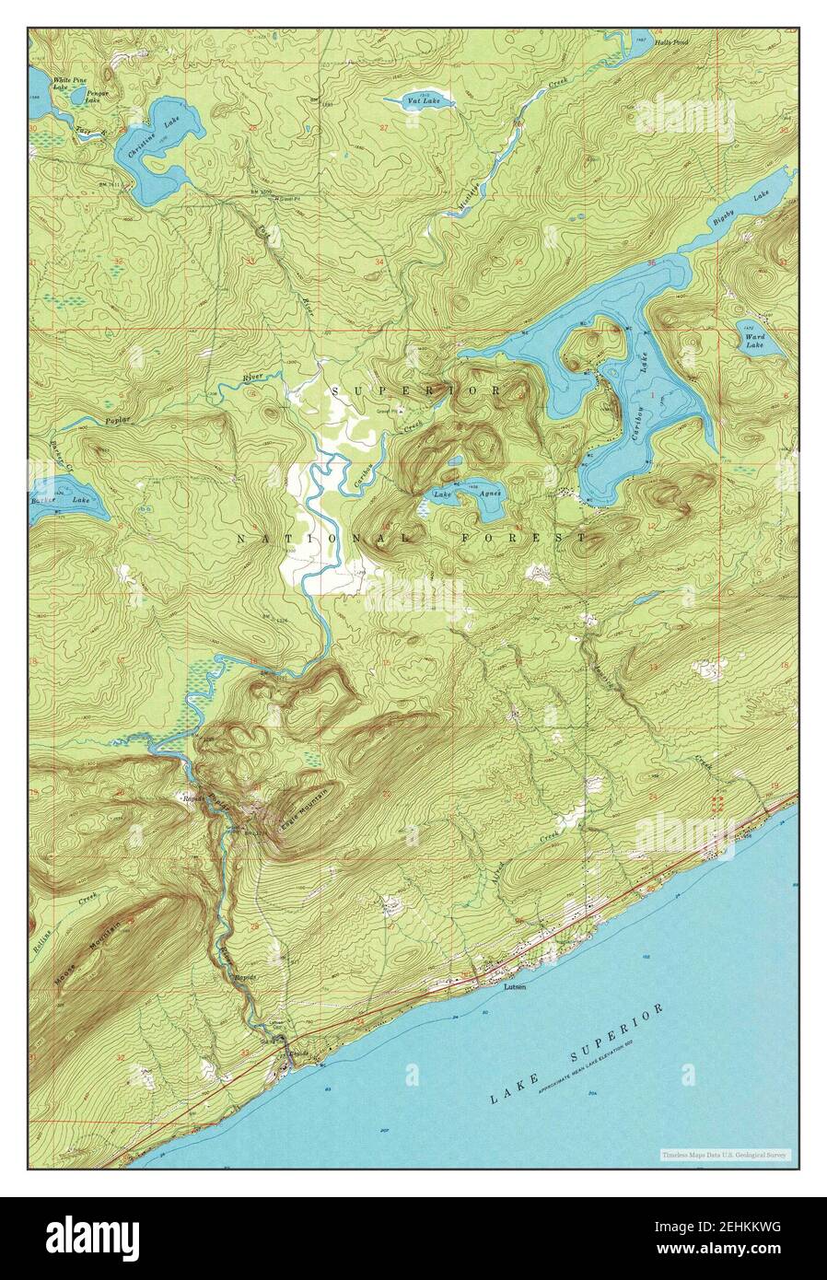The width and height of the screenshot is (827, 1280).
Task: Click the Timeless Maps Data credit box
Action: pyautogui.click(x=726, y=1155)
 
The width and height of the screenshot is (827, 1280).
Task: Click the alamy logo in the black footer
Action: pyautogui.click(x=92, y=1234)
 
